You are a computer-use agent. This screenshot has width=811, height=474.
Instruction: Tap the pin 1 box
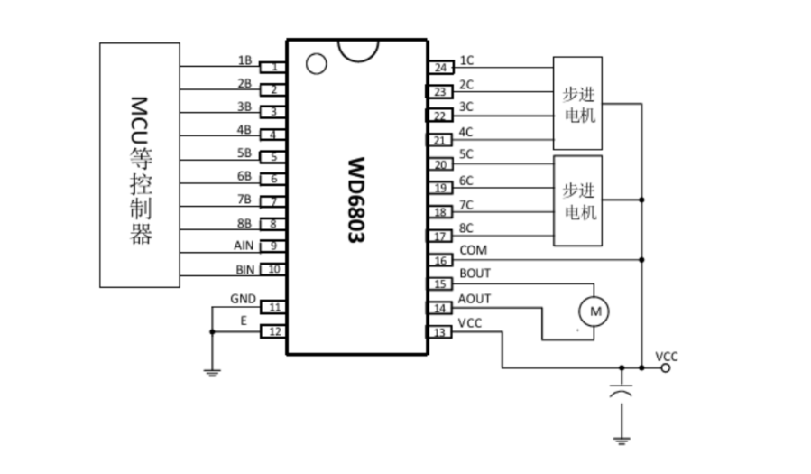tap(272, 67)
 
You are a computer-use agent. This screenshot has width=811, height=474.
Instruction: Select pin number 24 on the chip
tap(440, 68)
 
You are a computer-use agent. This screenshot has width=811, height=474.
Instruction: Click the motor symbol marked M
tap(594, 311)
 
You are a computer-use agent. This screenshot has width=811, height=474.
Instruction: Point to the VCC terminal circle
tap(666, 368)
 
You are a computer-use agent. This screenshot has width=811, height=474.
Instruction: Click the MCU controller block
tap(140, 165)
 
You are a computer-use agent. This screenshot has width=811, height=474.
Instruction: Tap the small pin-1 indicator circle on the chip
tap(317, 64)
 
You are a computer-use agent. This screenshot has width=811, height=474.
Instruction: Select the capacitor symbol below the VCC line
tap(622, 391)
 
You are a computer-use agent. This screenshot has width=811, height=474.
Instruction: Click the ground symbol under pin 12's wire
tap(212, 373)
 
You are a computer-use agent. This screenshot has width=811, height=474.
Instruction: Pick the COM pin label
tap(474, 250)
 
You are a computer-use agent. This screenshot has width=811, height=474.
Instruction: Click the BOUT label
tap(475, 274)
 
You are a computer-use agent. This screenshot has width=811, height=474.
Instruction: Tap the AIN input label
tap(244, 246)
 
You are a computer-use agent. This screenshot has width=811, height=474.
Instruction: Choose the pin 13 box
tap(439, 332)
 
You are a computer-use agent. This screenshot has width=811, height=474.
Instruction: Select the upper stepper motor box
tap(577, 103)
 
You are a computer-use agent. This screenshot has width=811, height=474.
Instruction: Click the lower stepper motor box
tap(577, 200)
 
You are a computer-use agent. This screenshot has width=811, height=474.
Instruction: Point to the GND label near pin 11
tap(243, 299)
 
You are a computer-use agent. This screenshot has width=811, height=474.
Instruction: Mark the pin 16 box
tap(440, 260)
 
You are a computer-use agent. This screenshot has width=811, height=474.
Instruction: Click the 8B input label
tap(244, 224)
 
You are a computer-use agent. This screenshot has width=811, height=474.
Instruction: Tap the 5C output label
tap(466, 154)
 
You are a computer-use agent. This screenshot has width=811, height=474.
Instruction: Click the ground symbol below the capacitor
tap(622, 441)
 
